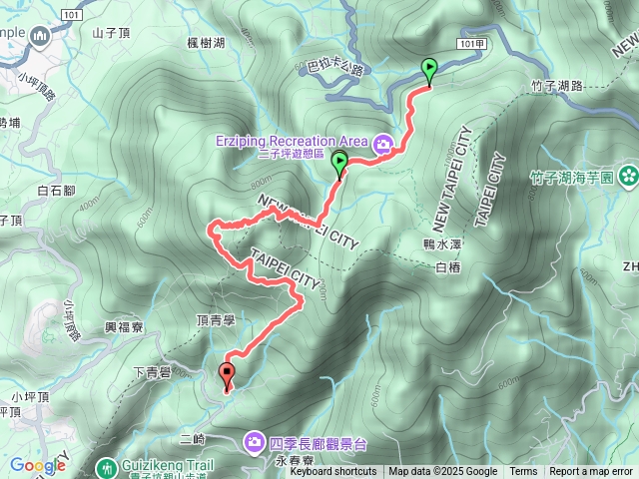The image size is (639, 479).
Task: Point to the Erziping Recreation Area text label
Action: [291, 141]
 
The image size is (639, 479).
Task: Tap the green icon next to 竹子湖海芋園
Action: [628, 177]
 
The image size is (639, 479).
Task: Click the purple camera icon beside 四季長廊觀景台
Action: [254, 441]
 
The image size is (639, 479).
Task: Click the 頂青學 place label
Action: [216, 320]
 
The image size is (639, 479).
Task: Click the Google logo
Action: [37, 465]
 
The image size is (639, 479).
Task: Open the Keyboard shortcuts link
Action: [333, 472]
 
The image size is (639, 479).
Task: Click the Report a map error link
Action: [591, 472]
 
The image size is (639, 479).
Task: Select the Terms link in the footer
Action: [523, 472]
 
